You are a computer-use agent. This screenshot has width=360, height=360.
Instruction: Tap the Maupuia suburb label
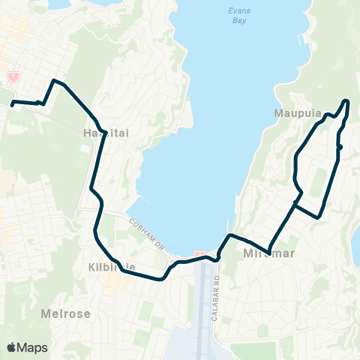point(298,114)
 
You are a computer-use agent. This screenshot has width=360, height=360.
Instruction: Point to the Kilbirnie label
point(109,266)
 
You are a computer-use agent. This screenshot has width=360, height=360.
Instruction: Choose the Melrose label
point(66,313)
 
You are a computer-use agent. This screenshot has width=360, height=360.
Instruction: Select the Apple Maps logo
point(27,347)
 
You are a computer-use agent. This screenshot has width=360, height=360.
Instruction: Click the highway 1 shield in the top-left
point(13,76)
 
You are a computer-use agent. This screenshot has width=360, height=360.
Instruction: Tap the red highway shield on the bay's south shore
point(199,254)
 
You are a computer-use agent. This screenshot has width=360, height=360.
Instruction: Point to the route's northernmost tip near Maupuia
point(346,100)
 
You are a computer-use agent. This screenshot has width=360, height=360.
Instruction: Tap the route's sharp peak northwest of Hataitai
point(53,80)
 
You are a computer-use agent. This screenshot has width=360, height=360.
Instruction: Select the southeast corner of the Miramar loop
point(319,217)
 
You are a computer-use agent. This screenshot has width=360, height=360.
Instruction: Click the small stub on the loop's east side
point(340,148)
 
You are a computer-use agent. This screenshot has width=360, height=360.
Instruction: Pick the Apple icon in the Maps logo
point(12,347)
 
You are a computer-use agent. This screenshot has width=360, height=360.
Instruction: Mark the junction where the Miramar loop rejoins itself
point(296,203)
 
